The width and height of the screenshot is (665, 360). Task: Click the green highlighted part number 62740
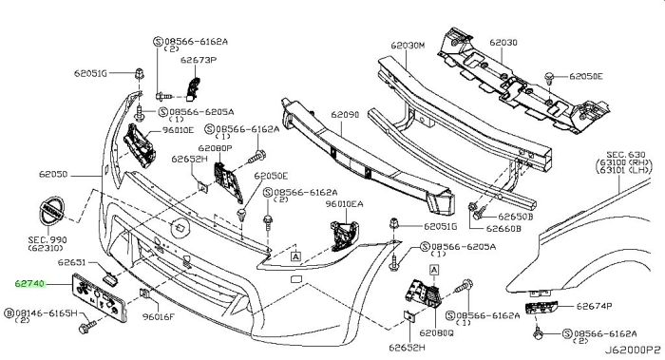(29, 283)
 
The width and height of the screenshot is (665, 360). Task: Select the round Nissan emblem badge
(51, 211)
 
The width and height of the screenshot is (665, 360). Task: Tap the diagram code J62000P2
(633, 351)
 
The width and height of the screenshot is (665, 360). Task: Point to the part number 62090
(345, 115)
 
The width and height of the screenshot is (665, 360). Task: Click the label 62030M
(408, 45)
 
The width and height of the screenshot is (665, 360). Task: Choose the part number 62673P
(199, 60)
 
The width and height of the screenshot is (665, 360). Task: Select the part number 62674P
(594, 306)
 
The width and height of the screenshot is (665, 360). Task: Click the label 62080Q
(436, 333)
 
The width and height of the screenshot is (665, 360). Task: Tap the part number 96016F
(159, 316)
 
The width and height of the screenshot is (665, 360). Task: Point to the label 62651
(71, 262)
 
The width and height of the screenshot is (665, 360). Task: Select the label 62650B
(515, 217)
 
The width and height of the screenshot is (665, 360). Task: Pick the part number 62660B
(503, 229)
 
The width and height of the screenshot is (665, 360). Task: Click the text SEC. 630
(626, 155)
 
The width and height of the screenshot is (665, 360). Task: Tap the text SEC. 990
(47, 240)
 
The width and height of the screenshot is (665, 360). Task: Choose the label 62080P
(215, 148)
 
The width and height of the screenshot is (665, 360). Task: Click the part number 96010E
(178, 130)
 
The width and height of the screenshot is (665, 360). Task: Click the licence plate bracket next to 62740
(100, 297)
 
